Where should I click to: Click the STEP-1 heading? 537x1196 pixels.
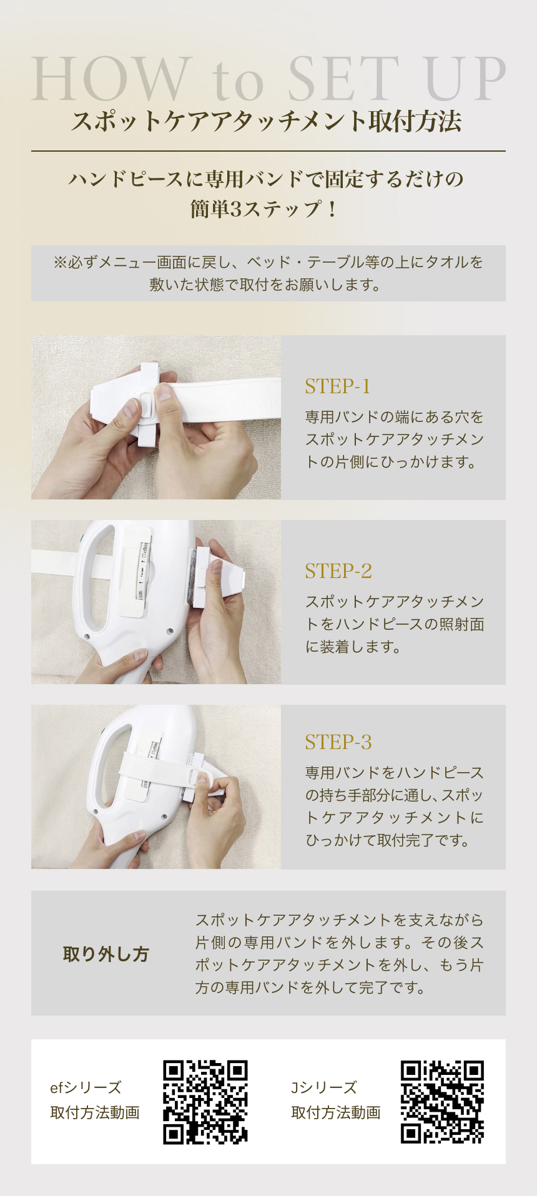337,386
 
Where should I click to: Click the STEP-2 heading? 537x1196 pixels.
338,571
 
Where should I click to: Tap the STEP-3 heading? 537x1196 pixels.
338,742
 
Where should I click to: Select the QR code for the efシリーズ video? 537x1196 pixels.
205,1102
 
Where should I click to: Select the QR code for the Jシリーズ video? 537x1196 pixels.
442,1102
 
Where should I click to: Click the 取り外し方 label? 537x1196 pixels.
106,954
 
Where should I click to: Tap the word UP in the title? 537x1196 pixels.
465,79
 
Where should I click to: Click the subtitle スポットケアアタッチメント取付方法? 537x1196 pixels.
268,121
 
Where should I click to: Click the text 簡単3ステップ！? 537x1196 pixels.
265,208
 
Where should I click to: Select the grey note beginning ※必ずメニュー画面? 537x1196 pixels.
268,273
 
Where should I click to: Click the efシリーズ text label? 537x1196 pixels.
86,1087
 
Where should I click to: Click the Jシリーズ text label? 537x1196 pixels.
323,1087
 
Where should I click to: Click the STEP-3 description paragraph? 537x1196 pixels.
394,806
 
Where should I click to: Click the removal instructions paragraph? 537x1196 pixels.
339,953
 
